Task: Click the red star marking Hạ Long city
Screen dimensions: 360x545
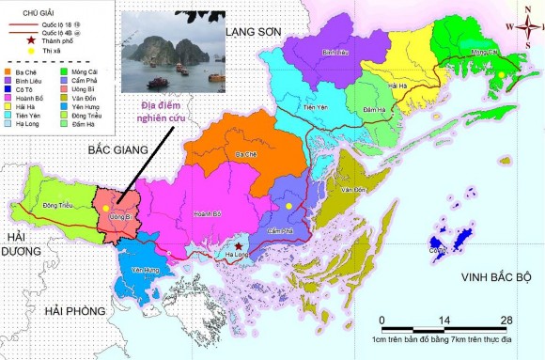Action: tap(238, 244)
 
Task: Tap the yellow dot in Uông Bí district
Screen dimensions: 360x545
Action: tap(108, 206)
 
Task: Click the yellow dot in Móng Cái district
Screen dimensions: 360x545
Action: tap(501, 74)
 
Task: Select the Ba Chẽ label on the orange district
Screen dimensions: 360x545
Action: tap(246, 154)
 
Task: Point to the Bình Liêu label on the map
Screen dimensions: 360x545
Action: tap(335, 54)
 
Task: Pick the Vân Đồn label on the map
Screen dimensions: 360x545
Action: tap(353, 191)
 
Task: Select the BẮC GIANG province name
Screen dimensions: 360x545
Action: tap(119, 149)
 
